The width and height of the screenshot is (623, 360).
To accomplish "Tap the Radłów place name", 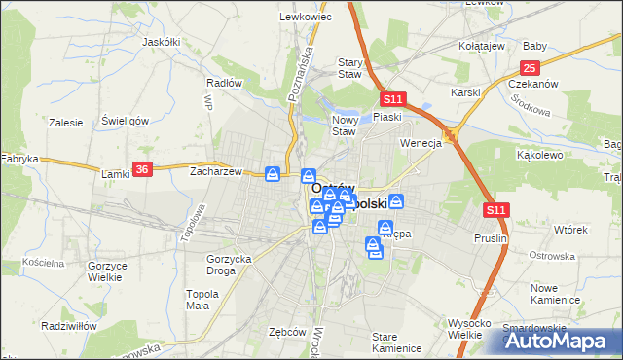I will coord(225,83).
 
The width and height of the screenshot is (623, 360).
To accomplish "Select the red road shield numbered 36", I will coord(143,168).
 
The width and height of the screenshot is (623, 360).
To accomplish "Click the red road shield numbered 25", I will coord(530,67).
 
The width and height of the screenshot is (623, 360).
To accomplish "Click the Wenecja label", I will coord(421,142).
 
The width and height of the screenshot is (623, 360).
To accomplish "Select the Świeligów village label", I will coord(125,121).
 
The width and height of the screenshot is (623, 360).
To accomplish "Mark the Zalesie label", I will coord(65,123).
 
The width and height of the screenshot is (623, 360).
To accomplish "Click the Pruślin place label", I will coord(492,237).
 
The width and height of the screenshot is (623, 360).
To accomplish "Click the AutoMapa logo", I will coord(559,340).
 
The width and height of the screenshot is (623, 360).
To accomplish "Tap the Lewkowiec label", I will coord(299,17).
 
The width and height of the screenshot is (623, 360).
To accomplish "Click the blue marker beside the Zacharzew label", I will coord(274,173).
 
